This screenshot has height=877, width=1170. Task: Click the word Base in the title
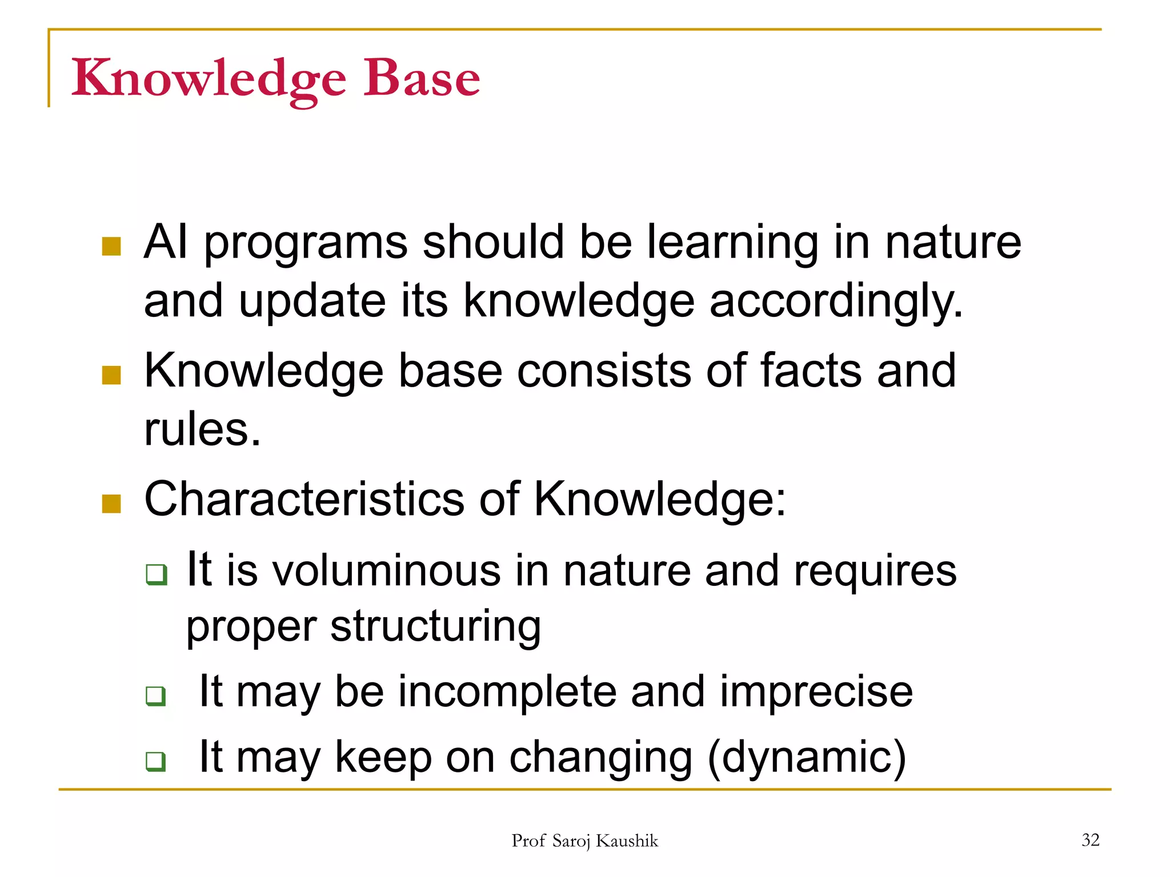click(x=422, y=78)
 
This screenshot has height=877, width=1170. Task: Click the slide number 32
click(x=1090, y=840)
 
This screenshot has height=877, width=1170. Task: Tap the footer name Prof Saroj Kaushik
click(x=584, y=841)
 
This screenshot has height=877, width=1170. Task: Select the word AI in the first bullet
click(x=166, y=242)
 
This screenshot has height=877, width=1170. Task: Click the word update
click(x=312, y=301)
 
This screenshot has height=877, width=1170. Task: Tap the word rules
click(x=202, y=429)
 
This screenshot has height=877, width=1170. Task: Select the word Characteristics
click(x=304, y=499)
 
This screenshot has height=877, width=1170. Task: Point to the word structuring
click(x=435, y=626)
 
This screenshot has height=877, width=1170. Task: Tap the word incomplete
click(x=507, y=691)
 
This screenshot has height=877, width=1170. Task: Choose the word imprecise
click(x=816, y=691)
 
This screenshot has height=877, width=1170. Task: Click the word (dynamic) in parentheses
click(x=807, y=757)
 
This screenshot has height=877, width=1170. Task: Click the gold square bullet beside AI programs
click(x=111, y=247)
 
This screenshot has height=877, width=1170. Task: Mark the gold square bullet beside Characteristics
click(x=111, y=504)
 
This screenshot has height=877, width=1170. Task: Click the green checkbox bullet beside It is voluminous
click(x=156, y=574)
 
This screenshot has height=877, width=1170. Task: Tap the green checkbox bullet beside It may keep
click(x=155, y=761)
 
